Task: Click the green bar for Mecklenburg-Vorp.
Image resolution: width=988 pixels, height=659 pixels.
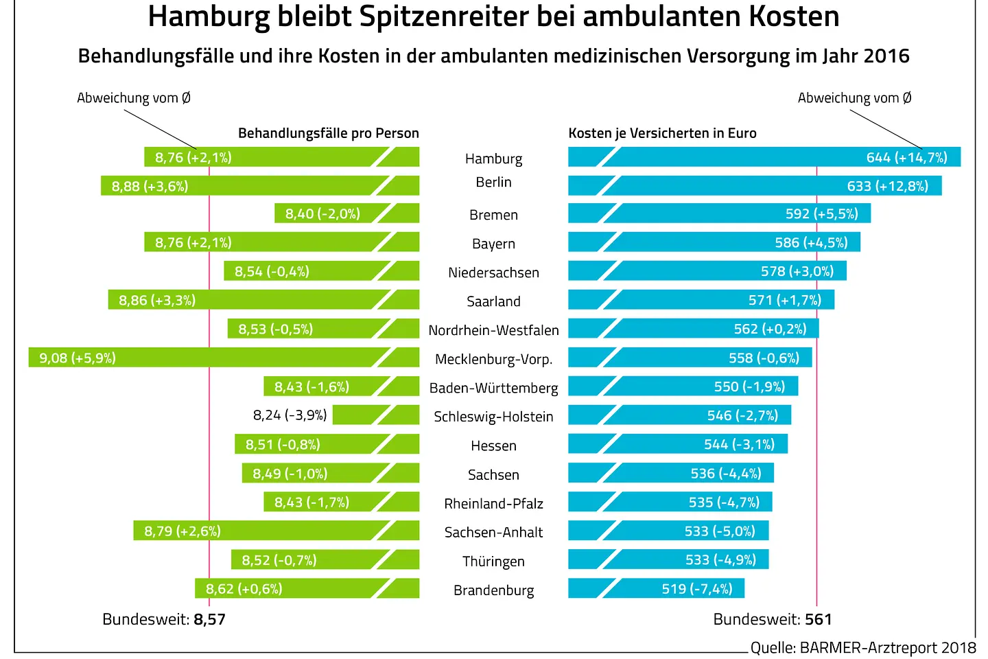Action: pos(224,358)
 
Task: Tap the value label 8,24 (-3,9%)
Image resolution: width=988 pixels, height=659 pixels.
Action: pos(290,415)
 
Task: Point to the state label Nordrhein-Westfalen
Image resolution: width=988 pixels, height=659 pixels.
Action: pos(493,330)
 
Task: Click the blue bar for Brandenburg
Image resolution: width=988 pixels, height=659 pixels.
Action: pos(656,589)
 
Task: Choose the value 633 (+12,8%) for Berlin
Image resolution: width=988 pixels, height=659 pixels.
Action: pos(887,186)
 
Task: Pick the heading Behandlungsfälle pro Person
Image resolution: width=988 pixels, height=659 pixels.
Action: pos(328,133)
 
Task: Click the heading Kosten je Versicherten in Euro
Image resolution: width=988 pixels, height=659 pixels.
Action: pos(662,133)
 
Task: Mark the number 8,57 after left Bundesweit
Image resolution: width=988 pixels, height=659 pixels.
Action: pos(209,619)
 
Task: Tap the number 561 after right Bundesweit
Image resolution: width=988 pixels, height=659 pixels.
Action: pos(818,619)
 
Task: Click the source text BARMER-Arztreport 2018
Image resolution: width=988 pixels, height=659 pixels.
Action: pos(887,647)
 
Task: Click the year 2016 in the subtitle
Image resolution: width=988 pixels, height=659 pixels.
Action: pos(886,56)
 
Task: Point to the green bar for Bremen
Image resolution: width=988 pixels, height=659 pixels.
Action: pos(346,213)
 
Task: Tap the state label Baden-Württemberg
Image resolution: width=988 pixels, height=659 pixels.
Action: pos(493,388)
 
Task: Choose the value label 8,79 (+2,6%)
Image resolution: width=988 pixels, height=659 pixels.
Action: pos(183,531)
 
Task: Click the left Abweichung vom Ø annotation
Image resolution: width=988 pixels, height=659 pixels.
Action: pos(134,98)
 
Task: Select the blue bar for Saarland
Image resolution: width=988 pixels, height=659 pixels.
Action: pos(701,300)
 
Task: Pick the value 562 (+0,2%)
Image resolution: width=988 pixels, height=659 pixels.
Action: pos(770,329)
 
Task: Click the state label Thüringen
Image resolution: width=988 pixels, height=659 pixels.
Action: pos(493,562)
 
